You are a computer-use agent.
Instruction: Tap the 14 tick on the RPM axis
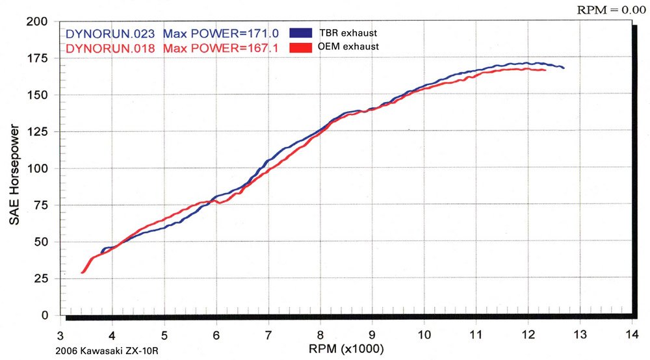(x=630, y=335)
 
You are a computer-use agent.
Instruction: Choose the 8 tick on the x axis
(x=320, y=335)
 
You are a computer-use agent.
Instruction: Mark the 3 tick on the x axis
(x=60, y=335)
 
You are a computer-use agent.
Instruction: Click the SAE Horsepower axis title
(x=14, y=168)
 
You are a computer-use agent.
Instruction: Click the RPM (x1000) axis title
(x=347, y=349)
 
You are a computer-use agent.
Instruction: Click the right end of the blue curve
(x=563, y=68)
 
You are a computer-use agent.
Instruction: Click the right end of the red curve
(x=545, y=70)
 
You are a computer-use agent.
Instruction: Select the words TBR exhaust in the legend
(x=348, y=33)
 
